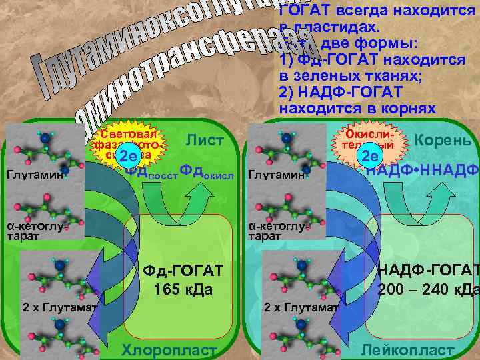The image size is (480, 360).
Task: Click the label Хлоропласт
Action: click(169, 351)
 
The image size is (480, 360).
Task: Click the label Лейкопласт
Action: click(407, 351)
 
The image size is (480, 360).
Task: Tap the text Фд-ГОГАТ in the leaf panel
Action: click(183, 271)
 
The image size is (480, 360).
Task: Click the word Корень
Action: click(443, 141)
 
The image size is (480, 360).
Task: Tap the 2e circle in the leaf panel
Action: click(127, 157)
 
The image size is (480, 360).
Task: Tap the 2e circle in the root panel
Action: click(370, 157)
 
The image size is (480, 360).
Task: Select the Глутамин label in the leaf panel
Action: click(35, 176)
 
